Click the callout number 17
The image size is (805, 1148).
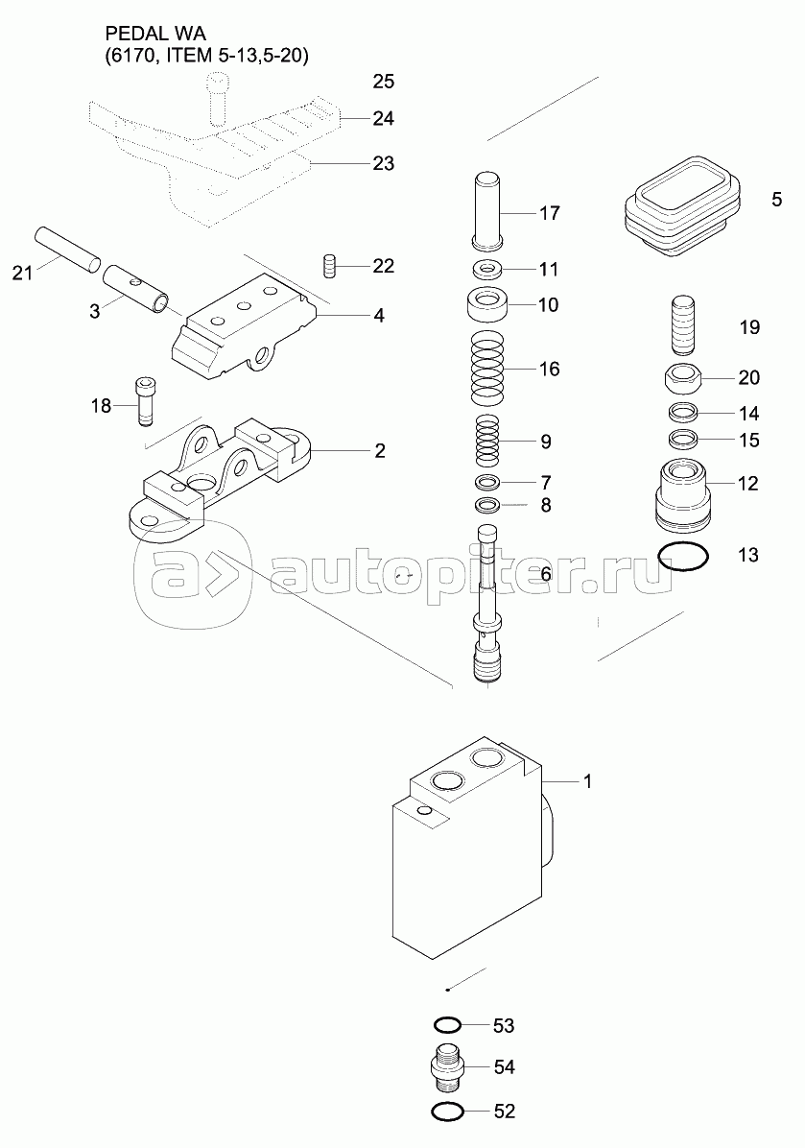(x=549, y=213)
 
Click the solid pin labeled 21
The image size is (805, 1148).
(x=66, y=249)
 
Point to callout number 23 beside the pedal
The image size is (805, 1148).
(x=384, y=163)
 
